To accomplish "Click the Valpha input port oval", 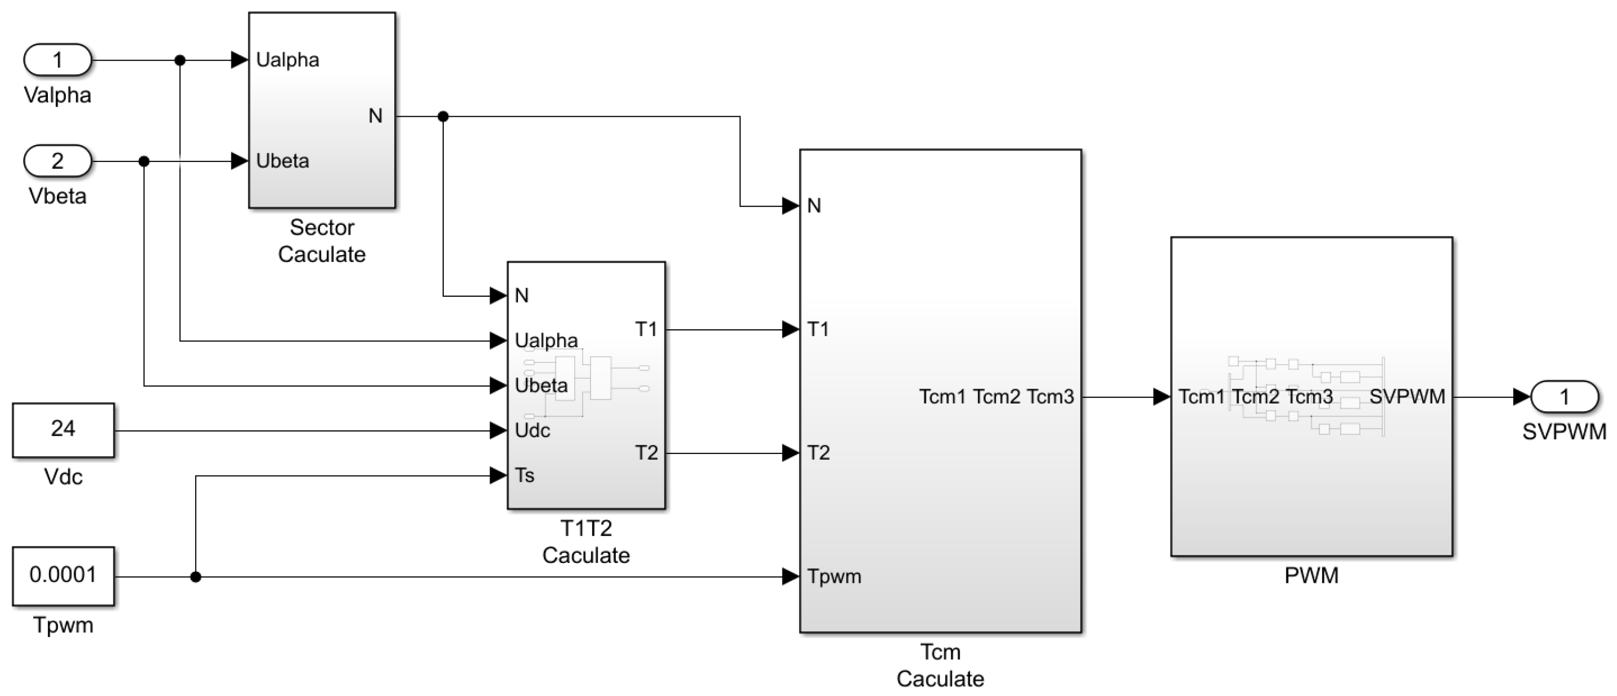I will click(57, 60).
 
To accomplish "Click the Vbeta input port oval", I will click(57, 162).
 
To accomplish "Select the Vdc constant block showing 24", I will click(63, 430).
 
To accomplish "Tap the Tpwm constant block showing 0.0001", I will click(63, 576).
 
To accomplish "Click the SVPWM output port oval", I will click(1564, 397).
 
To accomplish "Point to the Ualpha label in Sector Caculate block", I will click(287, 60).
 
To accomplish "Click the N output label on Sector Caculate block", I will click(375, 116).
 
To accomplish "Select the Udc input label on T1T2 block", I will click(532, 430).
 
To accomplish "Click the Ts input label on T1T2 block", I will click(525, 476).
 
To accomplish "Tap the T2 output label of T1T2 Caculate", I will click(646, 452).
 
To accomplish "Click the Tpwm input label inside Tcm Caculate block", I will click(834, 576).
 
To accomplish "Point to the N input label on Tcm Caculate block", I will click(814, 206).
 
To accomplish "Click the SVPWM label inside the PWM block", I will click(1406, 397).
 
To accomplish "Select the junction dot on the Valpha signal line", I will click(180, 60).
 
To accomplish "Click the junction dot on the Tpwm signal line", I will click(196, 577).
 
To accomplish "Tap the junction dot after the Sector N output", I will click(443, 116).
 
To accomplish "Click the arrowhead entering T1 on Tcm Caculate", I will click(790, 329).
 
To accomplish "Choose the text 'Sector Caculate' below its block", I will click(322, 241).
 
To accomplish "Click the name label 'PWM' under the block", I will click(1311, 576).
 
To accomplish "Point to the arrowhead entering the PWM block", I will click(1161, 397).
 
